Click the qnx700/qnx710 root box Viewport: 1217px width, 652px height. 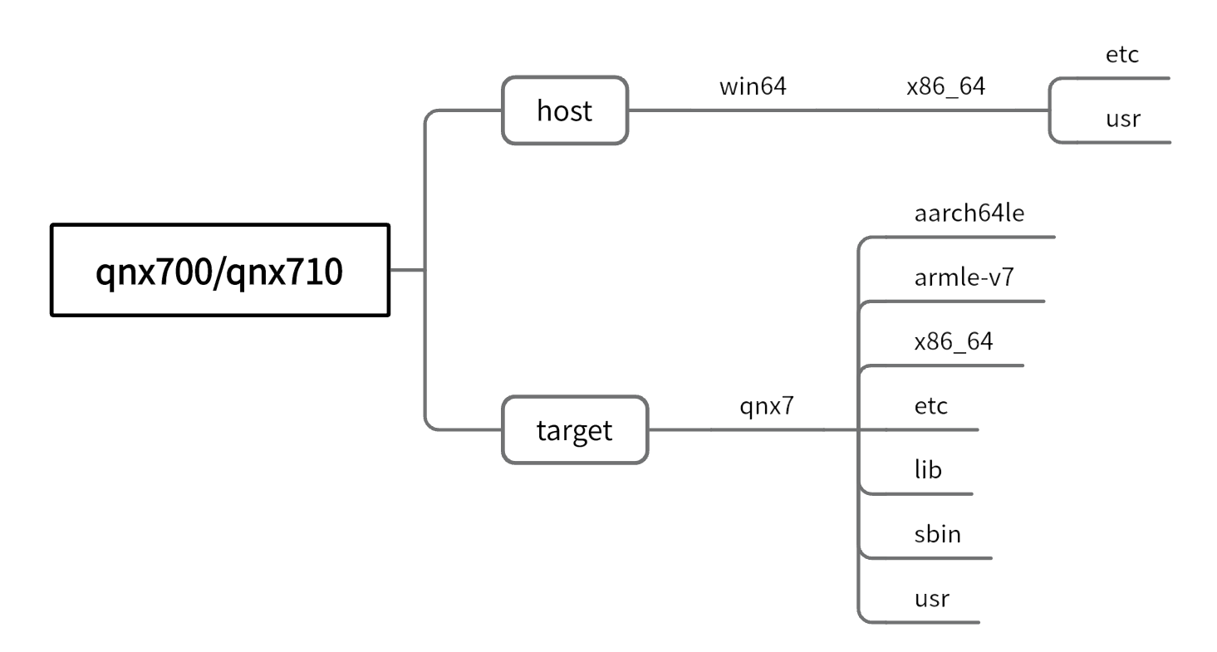coord(220,270)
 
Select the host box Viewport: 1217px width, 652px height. coord(565,110)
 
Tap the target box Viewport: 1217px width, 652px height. coord(574,430)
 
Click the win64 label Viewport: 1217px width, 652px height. coord(753,86)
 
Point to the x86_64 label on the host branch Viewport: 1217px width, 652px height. coord(945,86)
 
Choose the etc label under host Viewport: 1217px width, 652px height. coord(1121,55)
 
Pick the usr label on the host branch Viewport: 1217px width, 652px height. coord(1122,119)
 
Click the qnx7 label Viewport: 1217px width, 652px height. coord(767,407)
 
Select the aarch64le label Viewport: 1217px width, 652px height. coord(969,213)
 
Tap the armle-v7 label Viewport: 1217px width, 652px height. coord(964,277)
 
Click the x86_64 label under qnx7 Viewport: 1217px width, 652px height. coord(953,341)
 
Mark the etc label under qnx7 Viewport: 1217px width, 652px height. coord(930,406)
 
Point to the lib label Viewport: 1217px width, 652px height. coord(928,470)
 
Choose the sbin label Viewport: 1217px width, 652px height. coord(937,533)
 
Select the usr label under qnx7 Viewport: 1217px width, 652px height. coord(931,598)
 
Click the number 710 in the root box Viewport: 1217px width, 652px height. coord(315,272)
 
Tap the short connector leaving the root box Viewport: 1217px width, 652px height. coord(407,270)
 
